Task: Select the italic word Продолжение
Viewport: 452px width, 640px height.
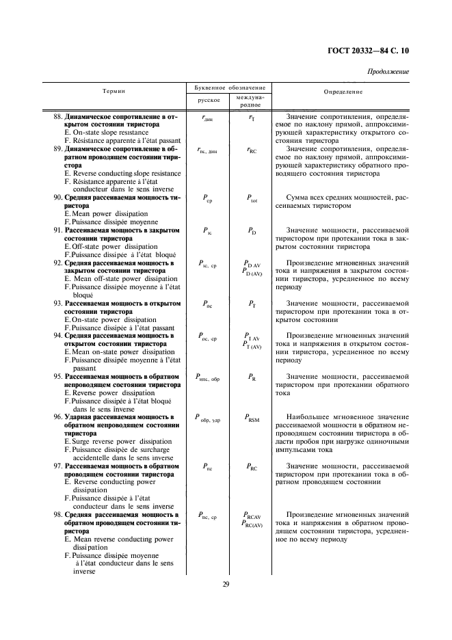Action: pos(388,72)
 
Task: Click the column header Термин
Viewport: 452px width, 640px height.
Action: pos(114,91)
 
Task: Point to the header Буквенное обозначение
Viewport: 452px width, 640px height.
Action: pos(226,88)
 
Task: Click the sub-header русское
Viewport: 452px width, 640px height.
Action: pos(208,101)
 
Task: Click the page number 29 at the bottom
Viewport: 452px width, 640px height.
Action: pos(226,583)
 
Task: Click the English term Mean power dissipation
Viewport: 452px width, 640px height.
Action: pos(110,213)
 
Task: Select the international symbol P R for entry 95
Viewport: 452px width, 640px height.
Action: pos(251,377)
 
